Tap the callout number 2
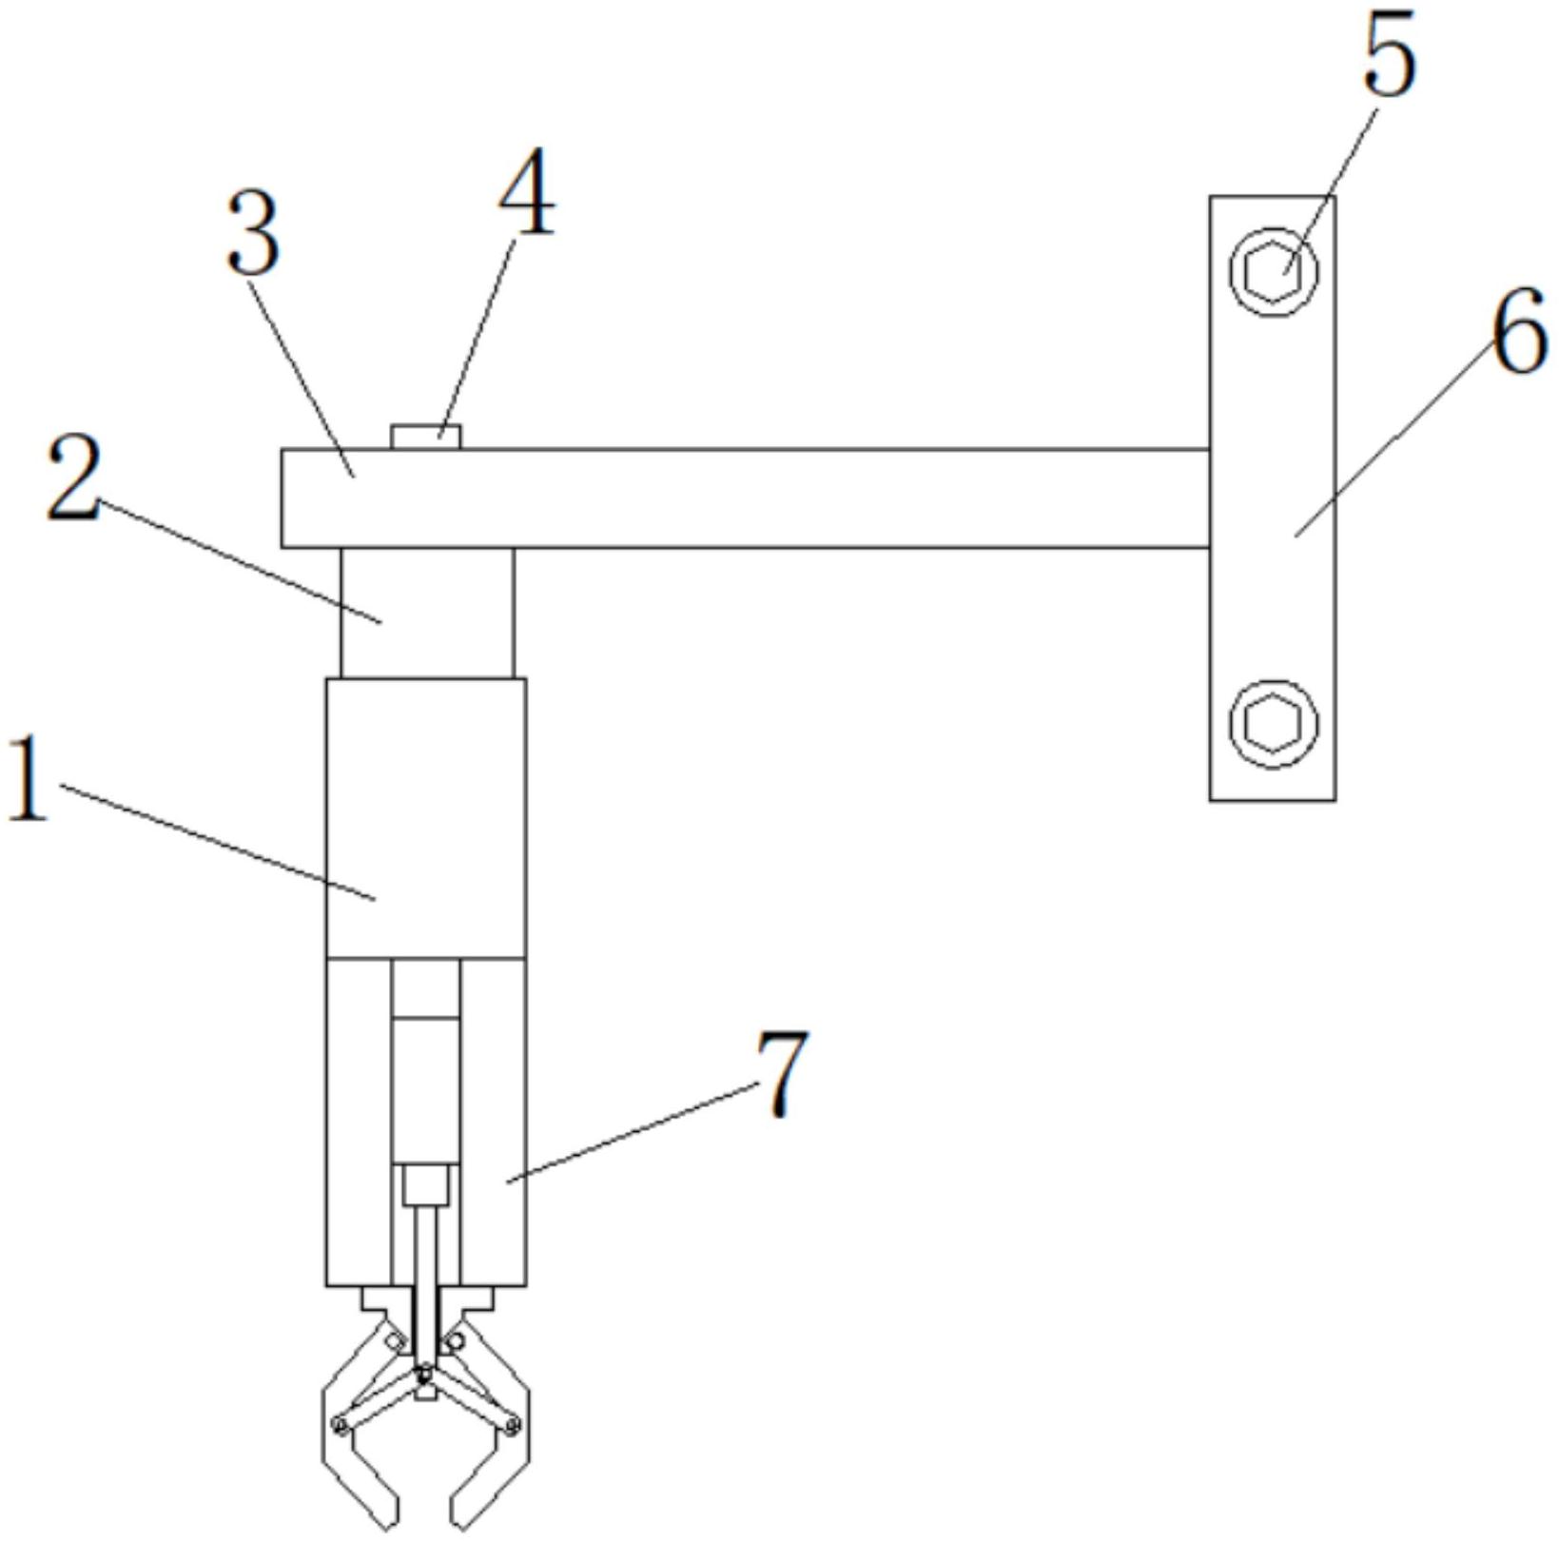coord(73,478)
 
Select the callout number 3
coord(254,230)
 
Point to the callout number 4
coord(526,192)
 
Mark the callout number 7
coord(783,1072)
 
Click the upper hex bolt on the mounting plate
coord(1273,272)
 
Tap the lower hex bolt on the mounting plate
coord(1273,723)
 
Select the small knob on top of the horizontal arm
coord(426,438)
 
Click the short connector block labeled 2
coord(427,614)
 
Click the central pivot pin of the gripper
coord(425,1372)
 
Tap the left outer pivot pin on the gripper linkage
coord(339,1424)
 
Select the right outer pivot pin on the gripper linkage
coord(513,1424)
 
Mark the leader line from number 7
coord(631,1135)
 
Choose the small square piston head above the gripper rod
coord(425,1185)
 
